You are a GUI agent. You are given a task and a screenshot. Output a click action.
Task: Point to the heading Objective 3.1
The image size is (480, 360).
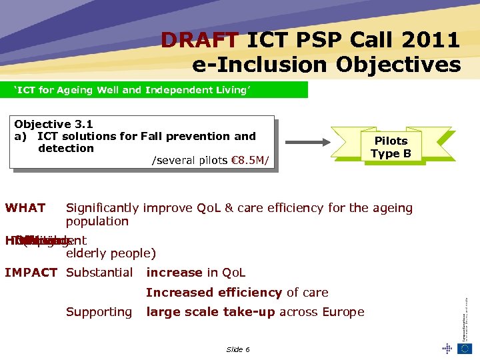click(x=53, y=124)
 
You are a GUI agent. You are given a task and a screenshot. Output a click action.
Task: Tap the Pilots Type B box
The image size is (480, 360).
click(x=391, y=147)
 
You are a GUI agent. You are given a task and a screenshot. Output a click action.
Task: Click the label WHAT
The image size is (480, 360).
click(x=25, y=208)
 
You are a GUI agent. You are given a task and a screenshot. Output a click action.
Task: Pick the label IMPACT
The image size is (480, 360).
click(x=31, y=272)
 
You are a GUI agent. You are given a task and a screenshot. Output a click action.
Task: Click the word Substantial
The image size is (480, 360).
click(x=99, y=272)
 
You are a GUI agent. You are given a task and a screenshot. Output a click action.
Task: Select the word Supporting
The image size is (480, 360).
click(x=99, y=311)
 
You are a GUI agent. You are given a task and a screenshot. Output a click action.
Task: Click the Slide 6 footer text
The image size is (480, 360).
click(x=238, y=349)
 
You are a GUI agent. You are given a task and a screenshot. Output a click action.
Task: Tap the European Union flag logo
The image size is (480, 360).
click(x=465, y=347)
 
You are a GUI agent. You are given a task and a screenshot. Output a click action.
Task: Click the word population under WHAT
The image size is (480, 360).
click(x=97, y=221)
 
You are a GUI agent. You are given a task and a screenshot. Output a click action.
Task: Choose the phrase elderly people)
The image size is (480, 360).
click(x=111, y=253)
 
